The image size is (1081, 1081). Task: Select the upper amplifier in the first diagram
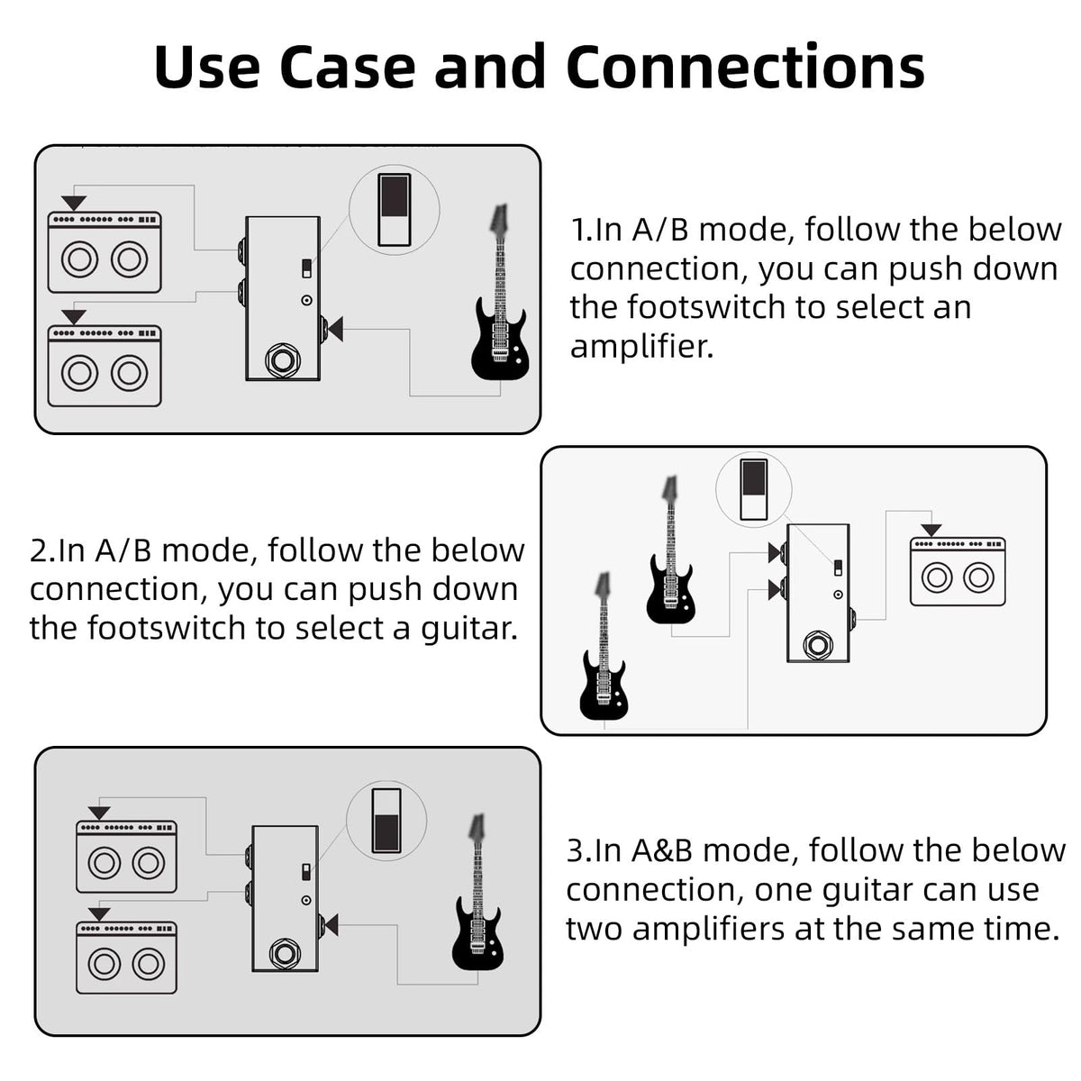[x=104, y=252]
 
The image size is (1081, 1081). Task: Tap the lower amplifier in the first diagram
[x=104, y=366]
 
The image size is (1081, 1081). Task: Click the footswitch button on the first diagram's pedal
[x=283, y=360]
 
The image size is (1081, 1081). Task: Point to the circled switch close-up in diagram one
[x=394, y=208]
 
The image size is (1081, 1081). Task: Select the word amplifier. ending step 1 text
[x=641, y=346]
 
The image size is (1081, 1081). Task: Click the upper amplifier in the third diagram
[x=127, y=858]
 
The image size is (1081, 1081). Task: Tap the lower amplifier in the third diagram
[x=127, y=958]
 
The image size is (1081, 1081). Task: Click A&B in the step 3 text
[x=662, y=850]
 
